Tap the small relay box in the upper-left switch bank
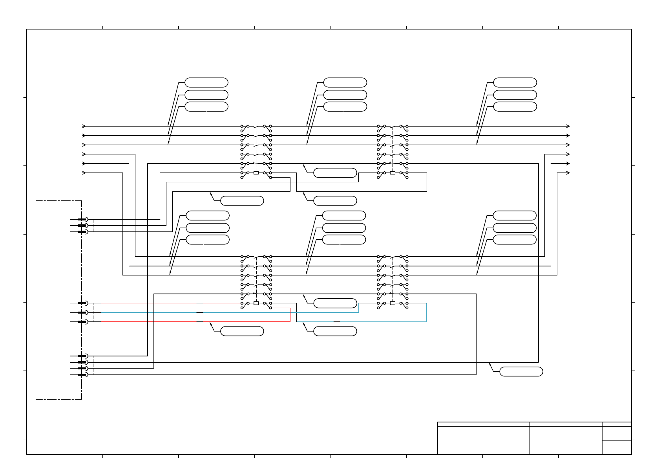256,173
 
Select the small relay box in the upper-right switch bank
393,173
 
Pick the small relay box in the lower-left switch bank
256,303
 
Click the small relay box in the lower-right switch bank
393,303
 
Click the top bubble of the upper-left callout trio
206,83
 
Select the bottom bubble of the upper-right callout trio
515,106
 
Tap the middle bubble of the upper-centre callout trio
345,95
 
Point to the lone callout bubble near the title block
521,371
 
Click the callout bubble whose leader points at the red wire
242,331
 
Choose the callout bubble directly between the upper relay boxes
335,173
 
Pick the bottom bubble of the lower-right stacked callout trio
514,240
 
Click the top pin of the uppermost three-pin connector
82,219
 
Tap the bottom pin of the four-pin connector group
82,374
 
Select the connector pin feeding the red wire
82,322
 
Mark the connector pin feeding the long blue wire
82,312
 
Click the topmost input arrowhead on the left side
84,126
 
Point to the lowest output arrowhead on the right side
568,173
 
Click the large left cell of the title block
483,440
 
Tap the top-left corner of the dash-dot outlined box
36,201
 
